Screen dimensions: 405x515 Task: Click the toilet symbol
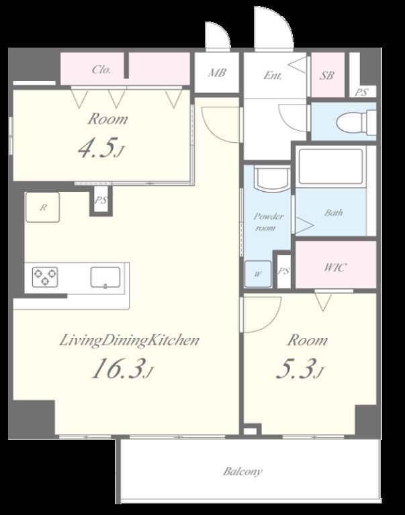(x=356, y=122)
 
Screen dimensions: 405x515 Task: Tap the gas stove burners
(x=45, y=276)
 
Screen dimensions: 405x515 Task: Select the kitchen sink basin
(x=105, y=278)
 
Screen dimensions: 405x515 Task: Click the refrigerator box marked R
(x=43, y=207)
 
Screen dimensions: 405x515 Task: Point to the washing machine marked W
(x=258, y=274)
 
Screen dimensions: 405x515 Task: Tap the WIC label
(x=335, y=268)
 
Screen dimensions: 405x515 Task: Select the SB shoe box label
(x=326, y=76)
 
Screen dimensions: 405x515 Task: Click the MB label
(x=217, y=72)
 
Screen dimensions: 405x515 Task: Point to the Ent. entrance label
(x=273, y=76)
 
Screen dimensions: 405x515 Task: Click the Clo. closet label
(x=101, y=70)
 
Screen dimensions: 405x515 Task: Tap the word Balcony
(x=243, y=471)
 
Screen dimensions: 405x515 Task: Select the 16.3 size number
(x=122, y=369)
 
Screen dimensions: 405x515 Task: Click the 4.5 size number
(x=101, y=148)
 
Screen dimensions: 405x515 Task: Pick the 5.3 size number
(x=300, y=369)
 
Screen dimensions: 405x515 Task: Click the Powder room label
(x=268, y=222)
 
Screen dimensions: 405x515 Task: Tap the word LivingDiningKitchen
(x=130, y=341)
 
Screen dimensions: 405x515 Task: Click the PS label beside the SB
(x=361, y=93)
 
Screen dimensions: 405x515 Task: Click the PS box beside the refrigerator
(x=101, y=200)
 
